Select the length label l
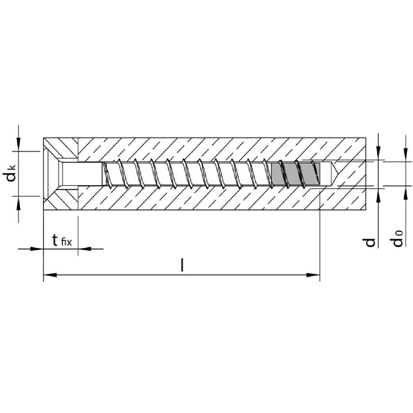(182, 265)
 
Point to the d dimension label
(370, 242)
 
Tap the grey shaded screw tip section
(296, 174)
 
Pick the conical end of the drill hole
(333, 173)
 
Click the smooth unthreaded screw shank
(82, 173)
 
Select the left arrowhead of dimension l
(50, 275)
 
